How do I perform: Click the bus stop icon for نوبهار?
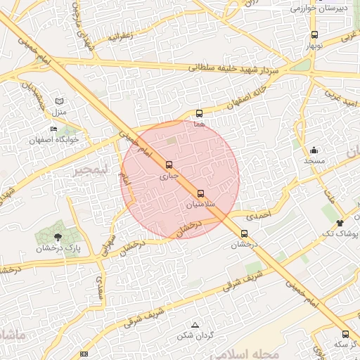pos(314,34)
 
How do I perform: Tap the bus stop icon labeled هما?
pos(200,112)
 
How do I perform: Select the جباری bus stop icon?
pos(168,166)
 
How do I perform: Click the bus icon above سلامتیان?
pos(201,193)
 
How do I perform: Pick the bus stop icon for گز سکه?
pos(345,334)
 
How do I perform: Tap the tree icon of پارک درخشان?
pos(58,237)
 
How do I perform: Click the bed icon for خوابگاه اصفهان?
pos(54,129)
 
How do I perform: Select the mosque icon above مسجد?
pos(314,150)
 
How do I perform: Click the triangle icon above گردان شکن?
pos(195,324)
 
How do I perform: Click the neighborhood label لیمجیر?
pos(91,171)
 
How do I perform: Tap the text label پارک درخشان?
pos(59,249)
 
